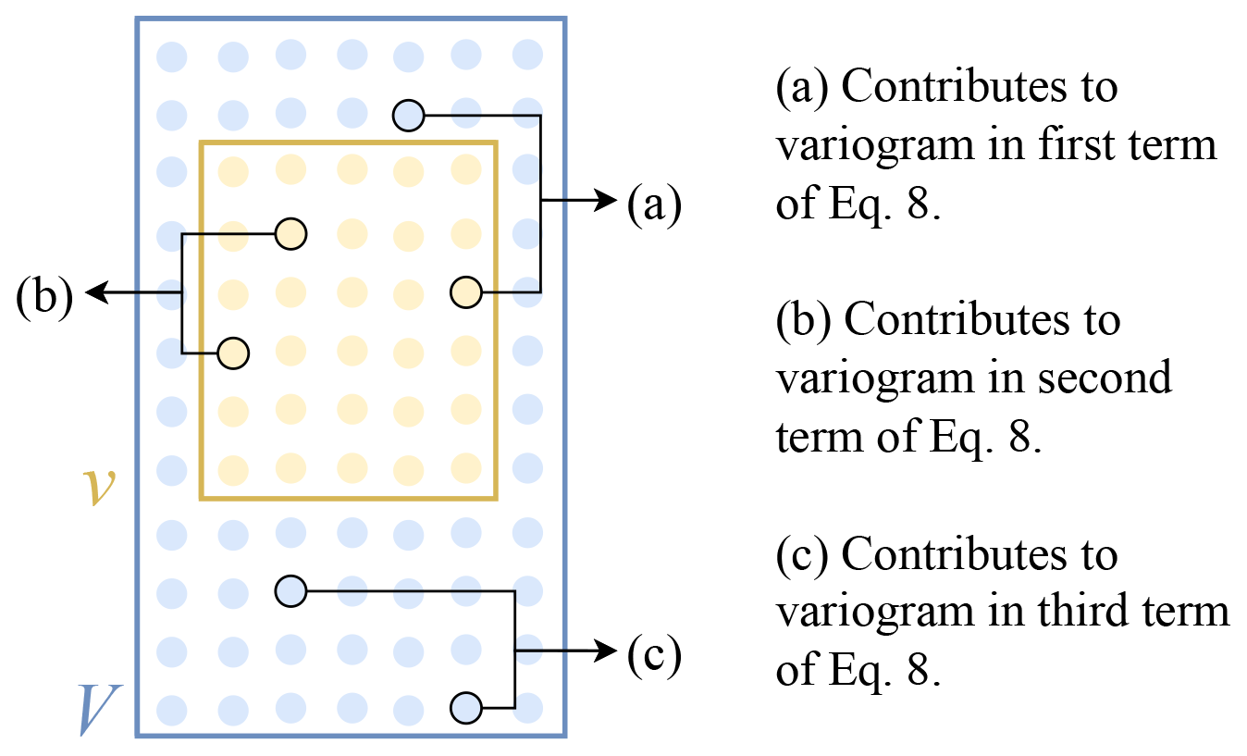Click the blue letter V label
coord(98,710)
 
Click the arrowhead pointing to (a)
coord(607,199)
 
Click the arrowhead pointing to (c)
coord(607,651)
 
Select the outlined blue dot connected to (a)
coord(408,116)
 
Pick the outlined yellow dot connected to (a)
coord(465,293)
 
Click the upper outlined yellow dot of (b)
coord(290,233)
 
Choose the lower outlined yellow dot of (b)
coord(233,352)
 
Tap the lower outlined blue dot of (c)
coord(465,708)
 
